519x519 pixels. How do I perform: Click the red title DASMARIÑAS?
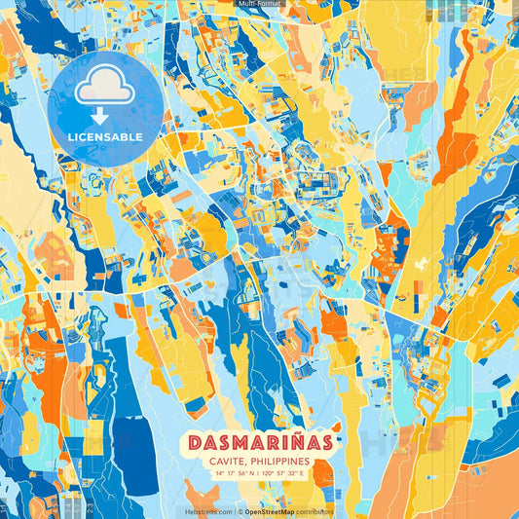[259, 441]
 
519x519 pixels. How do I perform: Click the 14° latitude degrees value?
[221, 473]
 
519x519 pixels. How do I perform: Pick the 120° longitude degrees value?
[269, 473]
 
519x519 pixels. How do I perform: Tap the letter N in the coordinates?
[251, 473]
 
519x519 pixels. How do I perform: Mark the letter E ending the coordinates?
[302, 473]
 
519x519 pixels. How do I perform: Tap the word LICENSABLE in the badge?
[105, 137]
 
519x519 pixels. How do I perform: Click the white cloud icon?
[105, 89]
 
